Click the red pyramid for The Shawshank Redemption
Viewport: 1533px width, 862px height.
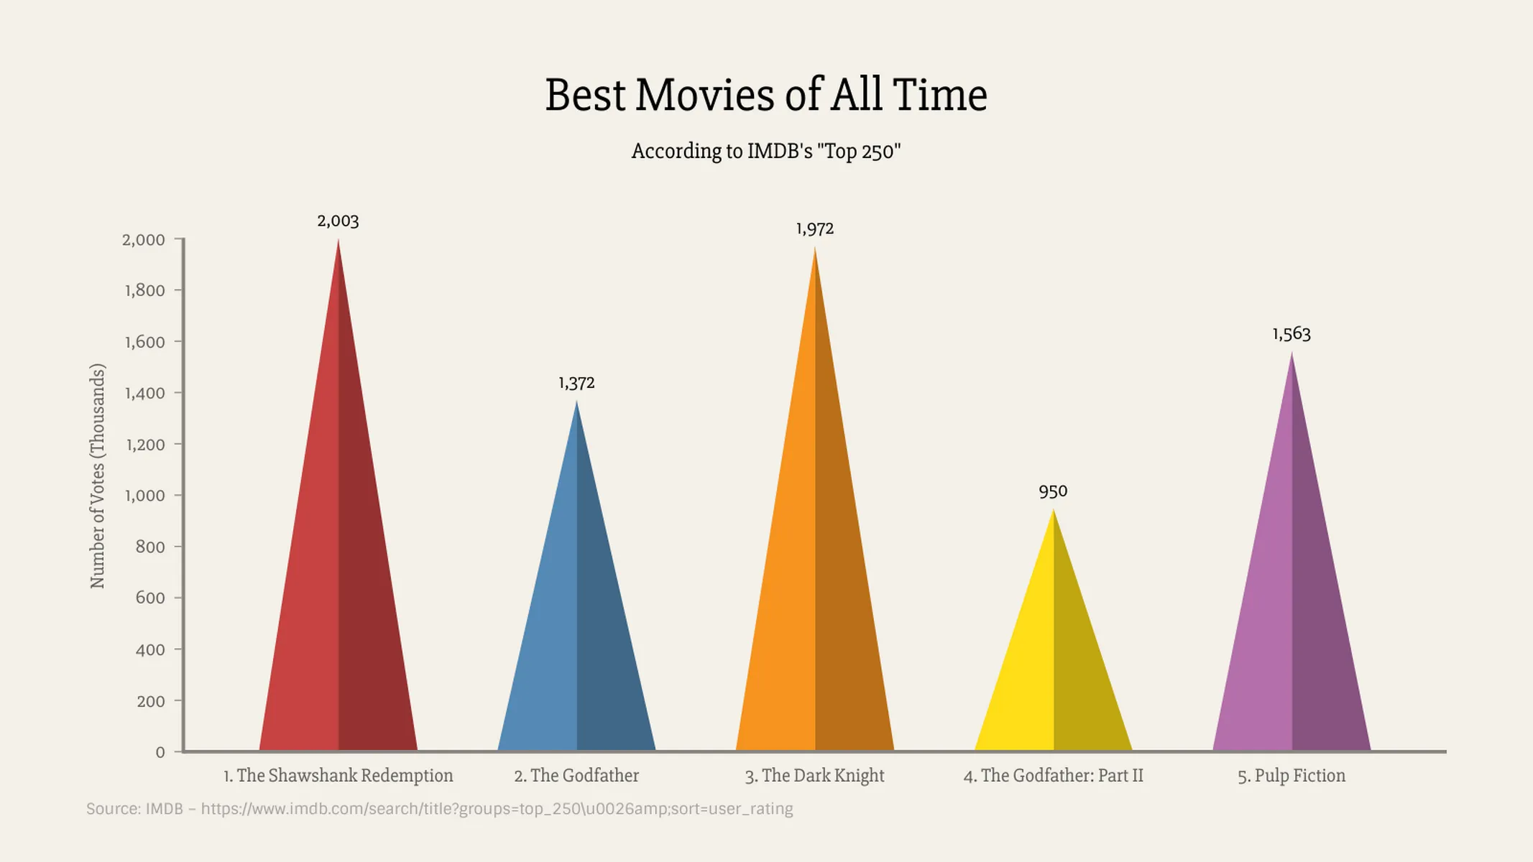339,575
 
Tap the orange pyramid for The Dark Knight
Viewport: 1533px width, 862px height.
815,575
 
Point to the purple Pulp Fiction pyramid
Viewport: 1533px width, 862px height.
1292,611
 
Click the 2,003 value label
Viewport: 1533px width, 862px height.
338,221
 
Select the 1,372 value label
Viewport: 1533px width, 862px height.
576,383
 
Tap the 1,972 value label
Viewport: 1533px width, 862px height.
814,229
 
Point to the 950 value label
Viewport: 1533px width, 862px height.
1053,491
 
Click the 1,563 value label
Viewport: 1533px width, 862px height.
1292,334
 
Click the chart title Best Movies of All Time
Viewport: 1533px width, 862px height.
766,95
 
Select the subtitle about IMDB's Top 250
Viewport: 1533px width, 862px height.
766,152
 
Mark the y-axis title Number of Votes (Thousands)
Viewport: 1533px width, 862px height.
98,476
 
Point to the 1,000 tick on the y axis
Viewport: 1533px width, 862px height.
145,496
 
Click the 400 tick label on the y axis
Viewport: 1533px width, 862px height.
150,649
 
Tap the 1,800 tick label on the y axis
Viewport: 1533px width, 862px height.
145,290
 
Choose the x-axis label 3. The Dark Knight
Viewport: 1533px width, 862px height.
814,776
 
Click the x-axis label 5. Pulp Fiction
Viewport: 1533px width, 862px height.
1292,776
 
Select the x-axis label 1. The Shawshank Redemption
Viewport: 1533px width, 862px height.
339,776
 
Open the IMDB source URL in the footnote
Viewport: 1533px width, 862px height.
497,809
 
